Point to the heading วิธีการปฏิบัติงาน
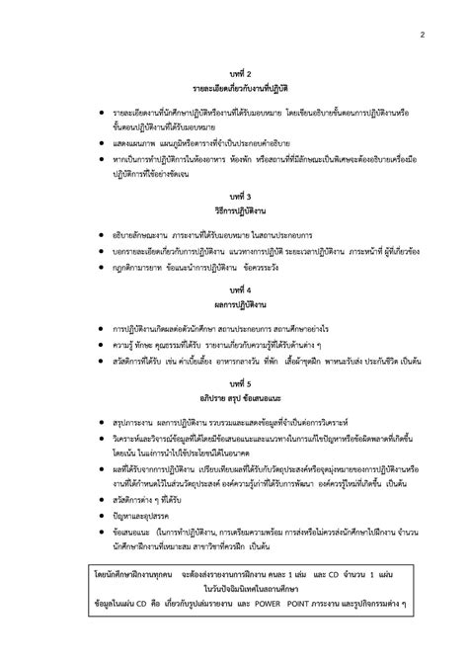tap(241, 210)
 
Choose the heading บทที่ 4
tap(241, 288)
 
